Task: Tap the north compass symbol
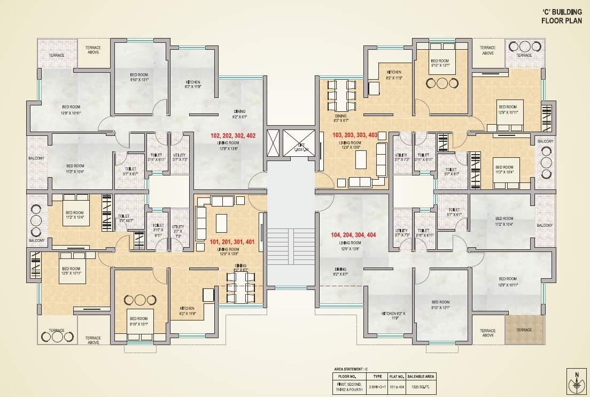[575, 381]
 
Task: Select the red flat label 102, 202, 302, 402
[233, 136]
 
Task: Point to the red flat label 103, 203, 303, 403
[355, 135]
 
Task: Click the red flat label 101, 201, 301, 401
[232, 242]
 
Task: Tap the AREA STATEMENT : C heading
[351, 369]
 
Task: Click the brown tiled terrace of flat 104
[524, 330]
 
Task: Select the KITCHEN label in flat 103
[394, 72]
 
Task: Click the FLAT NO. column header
[395, 376]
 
